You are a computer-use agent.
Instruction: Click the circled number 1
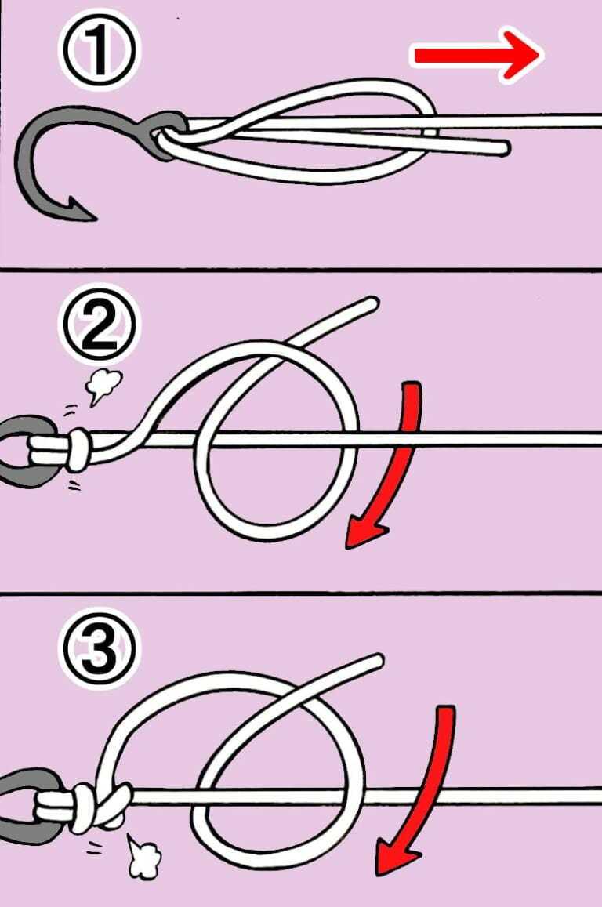pos(99,50)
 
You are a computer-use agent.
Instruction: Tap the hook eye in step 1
pos(164,134)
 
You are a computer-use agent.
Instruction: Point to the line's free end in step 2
pos(370,303)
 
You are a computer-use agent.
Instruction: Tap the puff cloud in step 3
pos(143,855)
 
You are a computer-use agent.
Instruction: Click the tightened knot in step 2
pos(79,451)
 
